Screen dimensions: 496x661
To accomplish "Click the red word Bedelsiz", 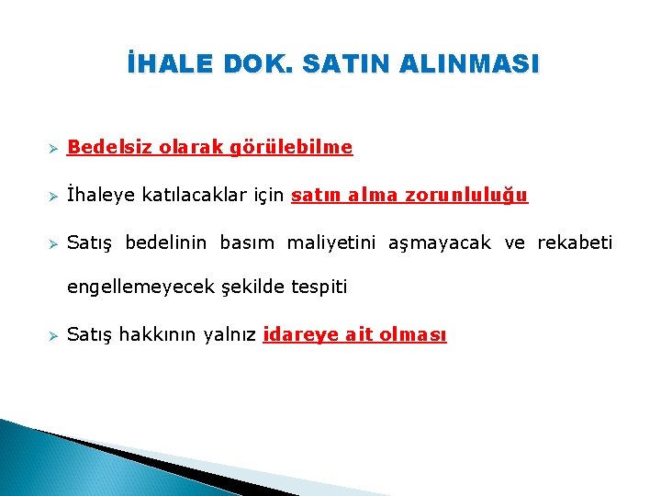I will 110,147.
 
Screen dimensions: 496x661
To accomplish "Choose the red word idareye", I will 300,335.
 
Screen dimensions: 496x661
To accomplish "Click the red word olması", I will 410,335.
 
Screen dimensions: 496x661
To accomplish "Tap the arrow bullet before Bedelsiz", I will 54,148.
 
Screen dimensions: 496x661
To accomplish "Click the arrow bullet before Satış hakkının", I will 54,336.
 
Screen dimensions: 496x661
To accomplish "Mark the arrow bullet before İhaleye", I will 54,196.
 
